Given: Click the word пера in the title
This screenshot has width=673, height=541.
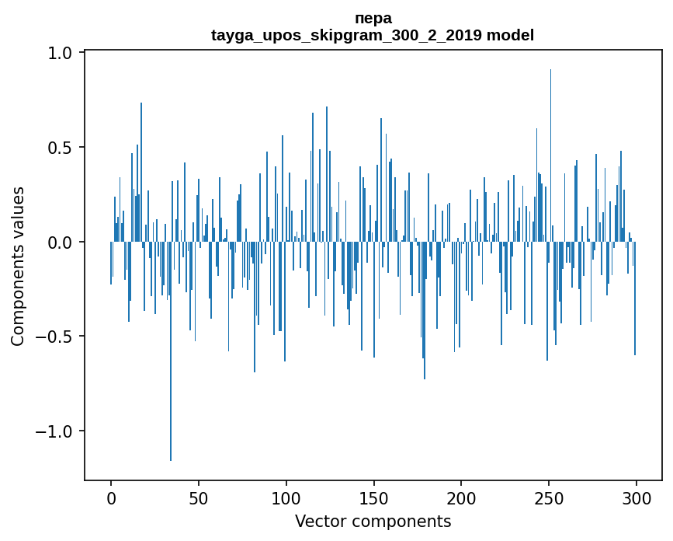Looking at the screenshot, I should point(373,18).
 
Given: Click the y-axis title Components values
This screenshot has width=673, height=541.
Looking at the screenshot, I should point(18,266).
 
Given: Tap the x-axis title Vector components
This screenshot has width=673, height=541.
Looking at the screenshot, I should point(373,521).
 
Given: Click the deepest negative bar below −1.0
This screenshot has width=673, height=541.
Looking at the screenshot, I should point(171,389).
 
